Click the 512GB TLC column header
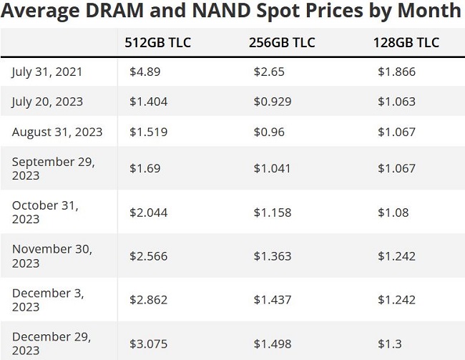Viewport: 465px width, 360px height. pos(157,42)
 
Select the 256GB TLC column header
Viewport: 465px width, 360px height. pos(282,42)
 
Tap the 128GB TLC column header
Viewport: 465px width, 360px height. pos(406,42)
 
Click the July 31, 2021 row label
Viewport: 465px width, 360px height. pos(46,72)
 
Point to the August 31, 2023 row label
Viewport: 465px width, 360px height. pos(57,132)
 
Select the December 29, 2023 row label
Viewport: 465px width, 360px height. pos(52,344)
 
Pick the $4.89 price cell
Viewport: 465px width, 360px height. pos(145,72)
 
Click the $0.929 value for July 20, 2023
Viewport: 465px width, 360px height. pos(273,102)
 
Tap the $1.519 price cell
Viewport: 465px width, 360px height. pos(148,132)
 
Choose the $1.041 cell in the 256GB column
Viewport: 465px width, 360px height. pos(272,169)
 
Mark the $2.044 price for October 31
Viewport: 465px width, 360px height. pos(148,213)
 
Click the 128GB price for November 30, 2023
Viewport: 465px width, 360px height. pos(396,256)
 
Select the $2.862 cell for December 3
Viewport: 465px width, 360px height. pos(148,300)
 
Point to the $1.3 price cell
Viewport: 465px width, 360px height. pos(390,344)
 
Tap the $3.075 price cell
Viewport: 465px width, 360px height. pos(148,344)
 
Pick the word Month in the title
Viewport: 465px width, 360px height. pos(429,10)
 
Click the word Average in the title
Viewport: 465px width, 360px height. pos(40,11)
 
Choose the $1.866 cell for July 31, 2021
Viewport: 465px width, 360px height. pos(396,72)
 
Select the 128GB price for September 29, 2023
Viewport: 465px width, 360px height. pos(396,169)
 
